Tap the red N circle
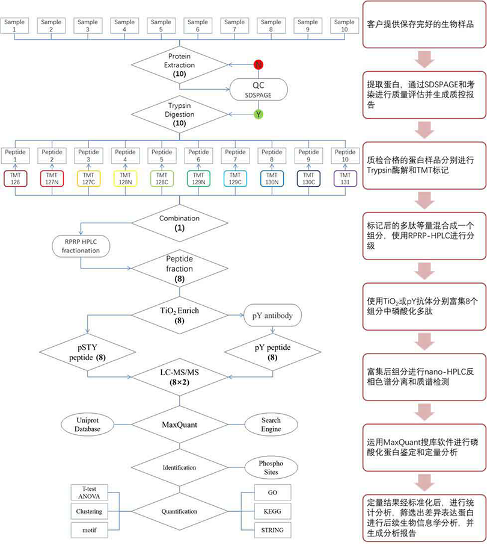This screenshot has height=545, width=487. [258, 64]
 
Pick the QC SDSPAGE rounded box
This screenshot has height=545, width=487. [258, 89]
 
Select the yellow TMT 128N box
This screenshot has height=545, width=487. [124, 178]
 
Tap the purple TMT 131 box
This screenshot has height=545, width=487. [345, 178]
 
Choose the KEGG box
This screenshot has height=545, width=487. [272, 511]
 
